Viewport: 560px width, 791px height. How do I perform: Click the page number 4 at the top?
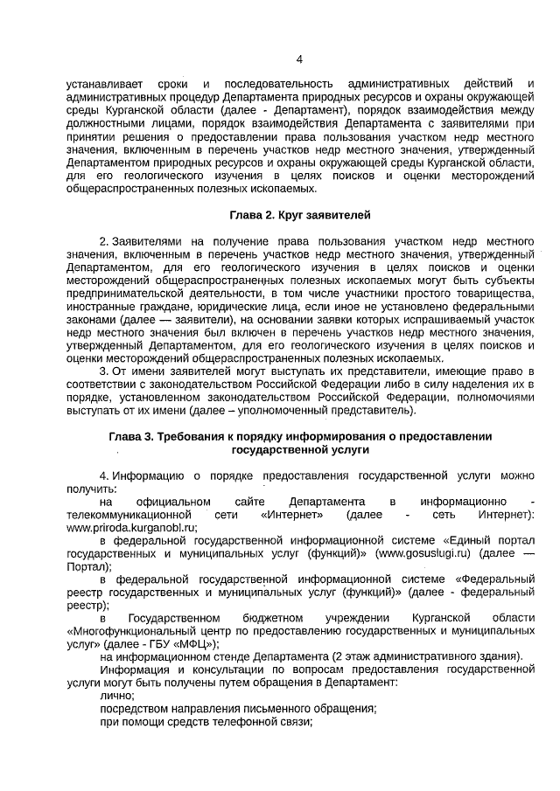(x=299, y=59)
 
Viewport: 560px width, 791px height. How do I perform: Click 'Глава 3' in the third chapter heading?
(x=132, y=436)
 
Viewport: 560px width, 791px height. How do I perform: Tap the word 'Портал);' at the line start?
(x=88, y=567)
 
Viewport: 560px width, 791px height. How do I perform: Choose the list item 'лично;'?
(x=117, y=696)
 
